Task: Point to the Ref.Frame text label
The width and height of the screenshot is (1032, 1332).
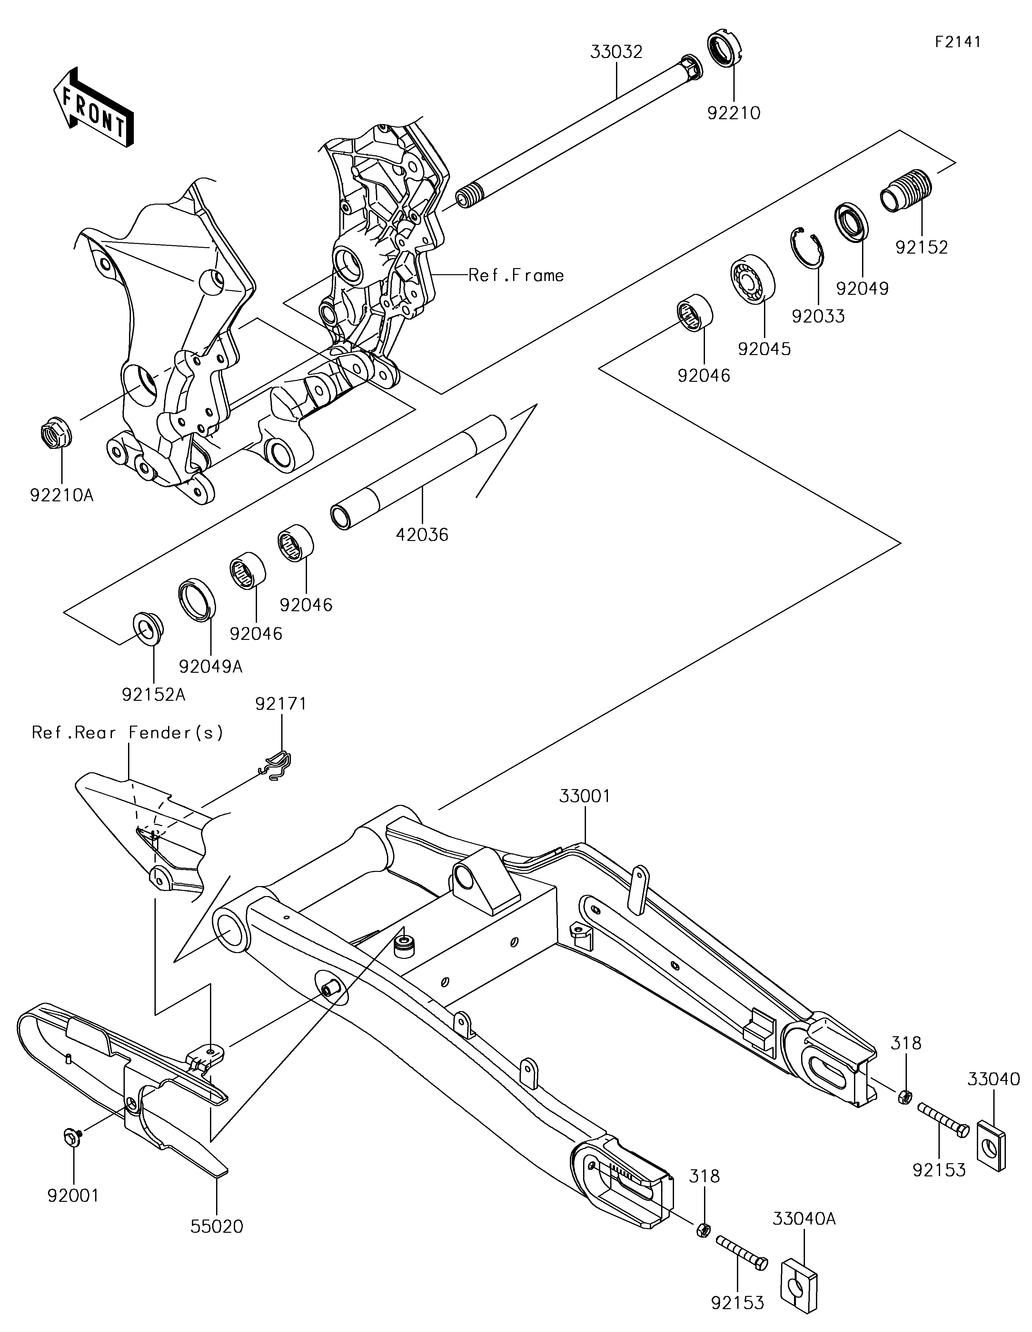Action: pos(516,276)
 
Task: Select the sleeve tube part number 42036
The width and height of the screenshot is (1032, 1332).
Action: pos(422,535)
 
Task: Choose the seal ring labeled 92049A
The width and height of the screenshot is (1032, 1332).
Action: pos(196,598)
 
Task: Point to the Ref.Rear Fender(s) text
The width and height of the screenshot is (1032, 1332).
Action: pos(128,732)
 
